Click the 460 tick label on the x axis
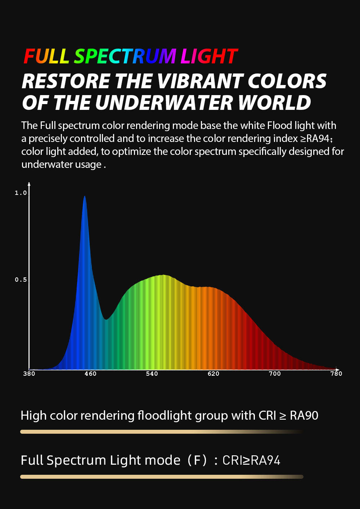pyautogui.click(x=90, y=374)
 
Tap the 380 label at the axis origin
pyautogui.click(x=29, y=374)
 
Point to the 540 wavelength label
pyautogui.click(x=152, y=374)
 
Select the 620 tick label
pyautogui.click(x=213, y=374)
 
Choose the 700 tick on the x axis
pyautogui.click(x=275, y=374)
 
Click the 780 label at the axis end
pyautogui.click(x=336, y=374)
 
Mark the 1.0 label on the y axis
pyautogui.click(x=21, y=193)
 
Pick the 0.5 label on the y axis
pyautogui.click(x=21, y=280)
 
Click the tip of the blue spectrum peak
pyautogui.click(x=85, y=197)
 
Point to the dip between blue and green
pyautogui.click(x=106, y=319)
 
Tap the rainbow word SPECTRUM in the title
pyautogui.click(x=125, y=57)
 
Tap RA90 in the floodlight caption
pyautogui.click(x=304, y=416)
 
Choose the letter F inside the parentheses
pyautogui.click(x=198, y=460)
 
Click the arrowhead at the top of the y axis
pyautogui.click(x=29, y=184)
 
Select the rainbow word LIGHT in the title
pyautogui.click(x=209, y=57)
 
